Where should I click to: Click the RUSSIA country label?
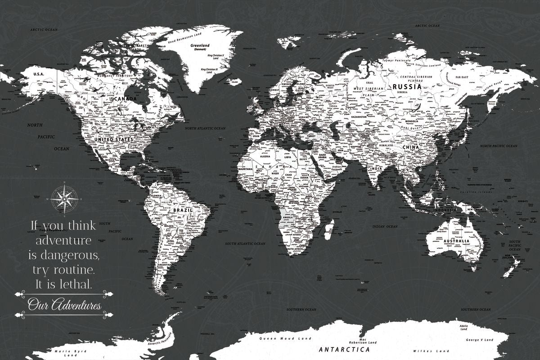(x=407, y=86)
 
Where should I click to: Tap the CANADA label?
(x=126, y=99)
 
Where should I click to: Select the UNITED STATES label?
(x=113, y=139)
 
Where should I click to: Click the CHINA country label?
(x=411, y=147)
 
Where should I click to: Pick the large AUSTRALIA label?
(x=456, y=241)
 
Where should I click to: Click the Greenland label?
(x=200, y=45)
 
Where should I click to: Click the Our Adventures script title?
(x=64, y=306)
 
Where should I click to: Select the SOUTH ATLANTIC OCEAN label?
(x=245, y=243)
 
